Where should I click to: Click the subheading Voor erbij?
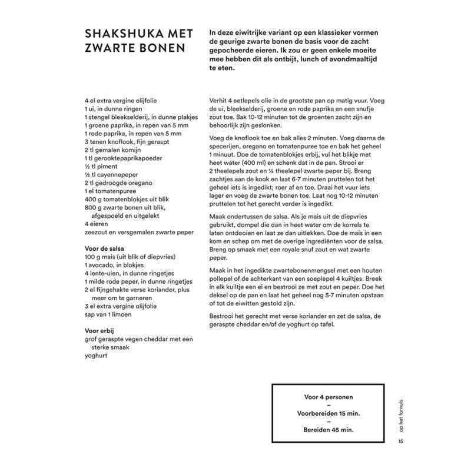point(101,330)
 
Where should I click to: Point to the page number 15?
point(401,442)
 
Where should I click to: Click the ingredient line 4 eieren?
point(98,224)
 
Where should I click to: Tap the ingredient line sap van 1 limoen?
point(108,314)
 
